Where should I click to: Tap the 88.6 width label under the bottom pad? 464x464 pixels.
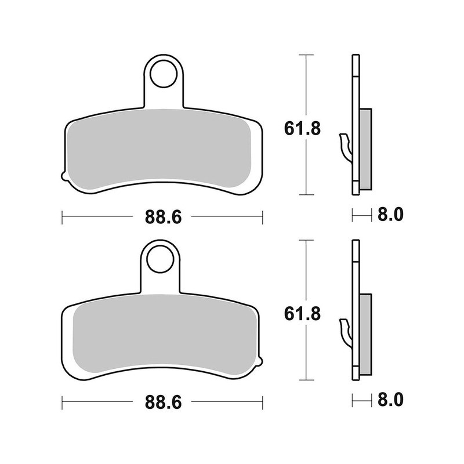pyautogui.click(x=163, y=401)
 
